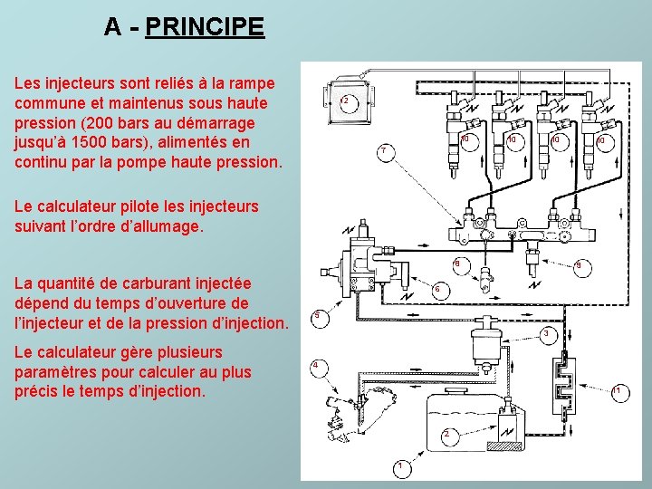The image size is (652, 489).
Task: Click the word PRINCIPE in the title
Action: click(x=205, y=26)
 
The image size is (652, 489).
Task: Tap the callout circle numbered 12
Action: click(x=349, y=102)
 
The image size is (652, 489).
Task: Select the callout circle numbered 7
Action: click(x=386, y=153)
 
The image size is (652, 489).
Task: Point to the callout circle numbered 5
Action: click(x=321, y=318)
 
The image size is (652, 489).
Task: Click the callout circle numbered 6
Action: click(x=439, y=291)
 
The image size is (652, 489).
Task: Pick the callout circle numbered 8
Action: click(x=461, y=266)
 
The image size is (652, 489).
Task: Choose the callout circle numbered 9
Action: click(x=582, y=268)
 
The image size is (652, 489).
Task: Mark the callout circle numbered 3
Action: click(x=549, y=336)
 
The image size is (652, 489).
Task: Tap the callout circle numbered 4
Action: click(x=319, y=369)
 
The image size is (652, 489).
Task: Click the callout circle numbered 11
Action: click(x=620, y=393)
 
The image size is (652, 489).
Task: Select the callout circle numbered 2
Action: click(x=449, y=437)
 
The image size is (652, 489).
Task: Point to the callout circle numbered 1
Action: click(x=402, y=469)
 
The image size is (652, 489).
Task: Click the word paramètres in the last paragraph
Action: click(x=56, y=372)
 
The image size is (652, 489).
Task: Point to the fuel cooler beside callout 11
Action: click(x=564, y=385)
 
